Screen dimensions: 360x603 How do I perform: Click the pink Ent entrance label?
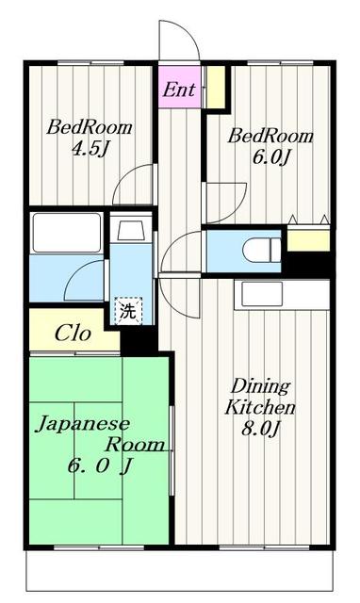point(179,90)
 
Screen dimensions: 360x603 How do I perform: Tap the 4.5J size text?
point(90,148)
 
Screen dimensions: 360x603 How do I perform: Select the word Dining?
point(260,385)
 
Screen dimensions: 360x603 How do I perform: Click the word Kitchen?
point(260,407)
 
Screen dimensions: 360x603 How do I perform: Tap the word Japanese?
point(82,425)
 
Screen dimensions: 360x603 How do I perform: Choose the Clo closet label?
point(73,333)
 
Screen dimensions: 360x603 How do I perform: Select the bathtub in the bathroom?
point(67,233)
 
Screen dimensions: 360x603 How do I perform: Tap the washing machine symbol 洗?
point(128,311)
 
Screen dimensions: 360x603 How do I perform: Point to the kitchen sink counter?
point(282,295)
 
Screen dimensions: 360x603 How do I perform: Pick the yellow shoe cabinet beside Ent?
point(216,88)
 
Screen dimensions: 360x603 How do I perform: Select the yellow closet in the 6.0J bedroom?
point(308,240)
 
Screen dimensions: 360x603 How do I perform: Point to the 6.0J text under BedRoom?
point(270,157)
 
